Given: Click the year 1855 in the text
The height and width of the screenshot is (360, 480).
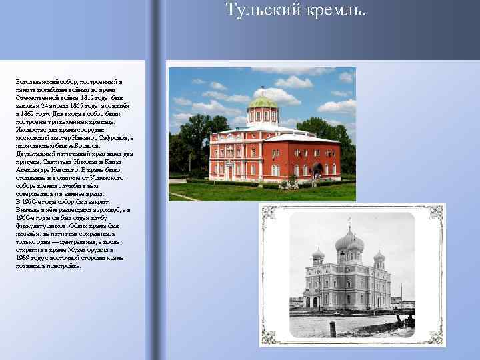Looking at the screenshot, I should pyautogui.click(x=75, y=107).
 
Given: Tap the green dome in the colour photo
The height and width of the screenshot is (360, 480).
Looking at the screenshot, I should pyautogui.click(x=262, y=102).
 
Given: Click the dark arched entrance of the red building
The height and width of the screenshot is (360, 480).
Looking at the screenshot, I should pyautogui.click(x=317, y=171).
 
